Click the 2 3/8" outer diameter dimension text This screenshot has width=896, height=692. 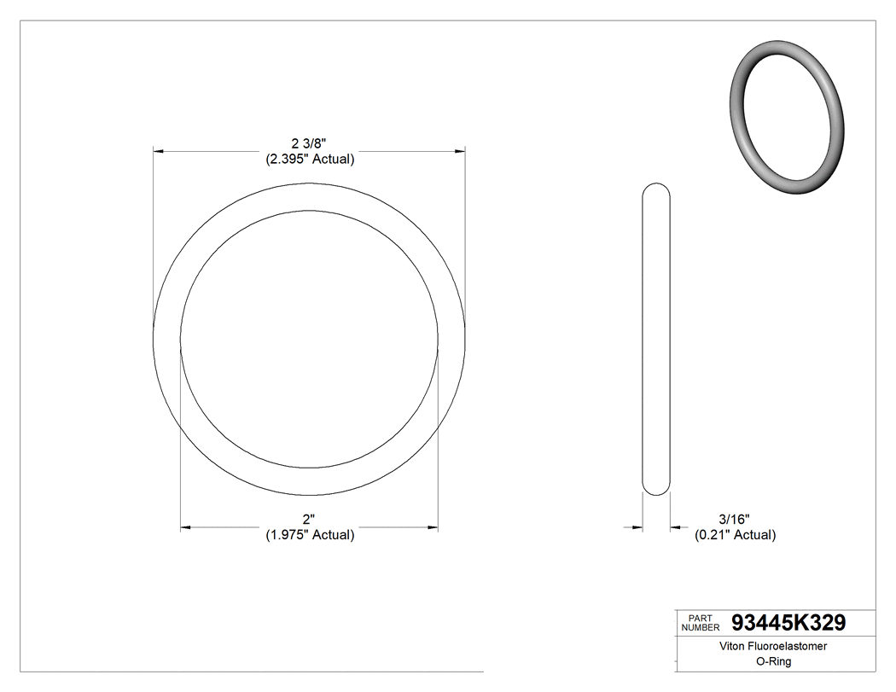coord(308,143)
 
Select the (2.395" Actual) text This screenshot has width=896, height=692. coord(308,159)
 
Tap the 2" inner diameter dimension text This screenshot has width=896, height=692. coord(308,520)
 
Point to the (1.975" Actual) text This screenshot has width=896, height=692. coord(308,535)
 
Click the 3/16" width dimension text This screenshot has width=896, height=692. coord(735,520)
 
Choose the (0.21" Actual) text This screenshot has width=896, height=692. coord(735,535)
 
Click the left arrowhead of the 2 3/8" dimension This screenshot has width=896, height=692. coord(158,151)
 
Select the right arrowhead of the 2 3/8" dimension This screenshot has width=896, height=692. coord(460,151)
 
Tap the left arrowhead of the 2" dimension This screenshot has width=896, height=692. coord(185,528)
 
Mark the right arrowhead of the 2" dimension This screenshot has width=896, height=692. coord(433,528)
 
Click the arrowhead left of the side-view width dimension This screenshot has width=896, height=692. coord(637,528)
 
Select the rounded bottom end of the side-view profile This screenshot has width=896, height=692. coord(655,490)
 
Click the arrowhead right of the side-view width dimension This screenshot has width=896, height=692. coord(675,528)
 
